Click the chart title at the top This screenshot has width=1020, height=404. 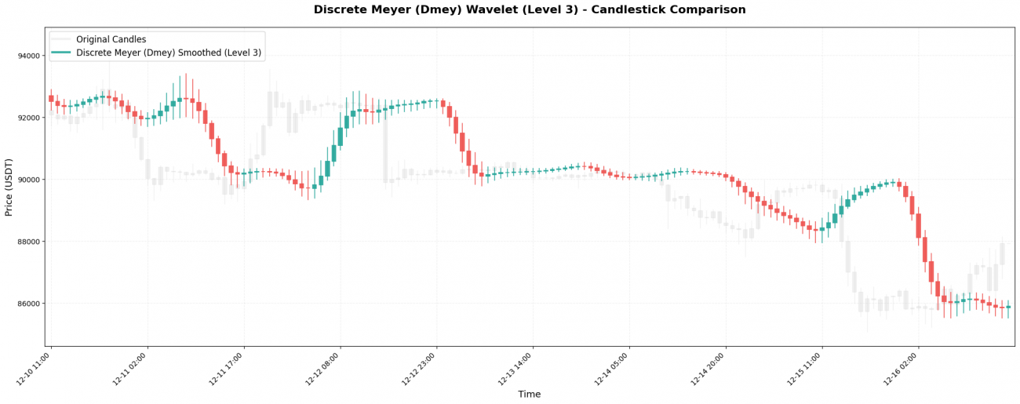pyautogui.click(x=530, y=10)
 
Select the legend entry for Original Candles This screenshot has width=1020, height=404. pyautogui.click(x=111, y=39)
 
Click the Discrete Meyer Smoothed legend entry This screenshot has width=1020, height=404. pyautogui.click(x=168, y=53)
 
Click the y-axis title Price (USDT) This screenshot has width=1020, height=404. pyautogui.click(x=9, y=187)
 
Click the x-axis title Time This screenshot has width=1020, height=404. pyautogui.click(x=530, y=395)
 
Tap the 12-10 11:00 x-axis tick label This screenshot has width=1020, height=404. pyautogui.click(x=34, y=369)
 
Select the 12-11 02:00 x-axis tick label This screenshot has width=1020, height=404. pyautogui.click(x=130, y=369)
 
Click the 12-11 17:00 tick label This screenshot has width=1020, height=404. pyautogui.click(x=227, y=369)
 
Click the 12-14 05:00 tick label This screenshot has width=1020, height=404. pyautogui.click(x=612, y=369)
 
